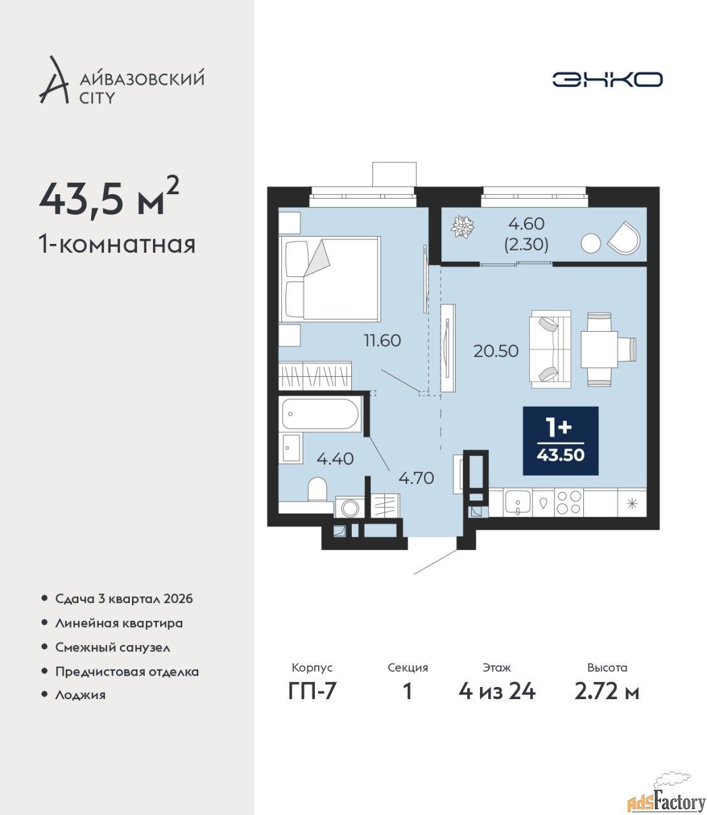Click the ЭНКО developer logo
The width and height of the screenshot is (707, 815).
tap(607, 79)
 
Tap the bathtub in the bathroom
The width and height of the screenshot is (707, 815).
tap(320, 414)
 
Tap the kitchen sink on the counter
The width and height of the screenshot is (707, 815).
tap(518, 503)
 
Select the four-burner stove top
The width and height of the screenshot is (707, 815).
tap(569, 502)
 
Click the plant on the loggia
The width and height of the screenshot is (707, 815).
tap(463, 227)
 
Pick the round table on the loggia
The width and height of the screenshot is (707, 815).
tap(590, 243)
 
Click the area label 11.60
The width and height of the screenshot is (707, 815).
tap(382, 340)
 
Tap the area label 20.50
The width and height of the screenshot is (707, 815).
tap(496, 351)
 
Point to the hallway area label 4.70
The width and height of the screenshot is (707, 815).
tap(416, 478)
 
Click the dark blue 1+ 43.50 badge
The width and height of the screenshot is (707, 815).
tap(560, 441)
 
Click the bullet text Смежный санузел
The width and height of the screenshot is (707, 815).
tap(112, 648)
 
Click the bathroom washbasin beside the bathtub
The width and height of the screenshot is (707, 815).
tap(291, 448)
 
